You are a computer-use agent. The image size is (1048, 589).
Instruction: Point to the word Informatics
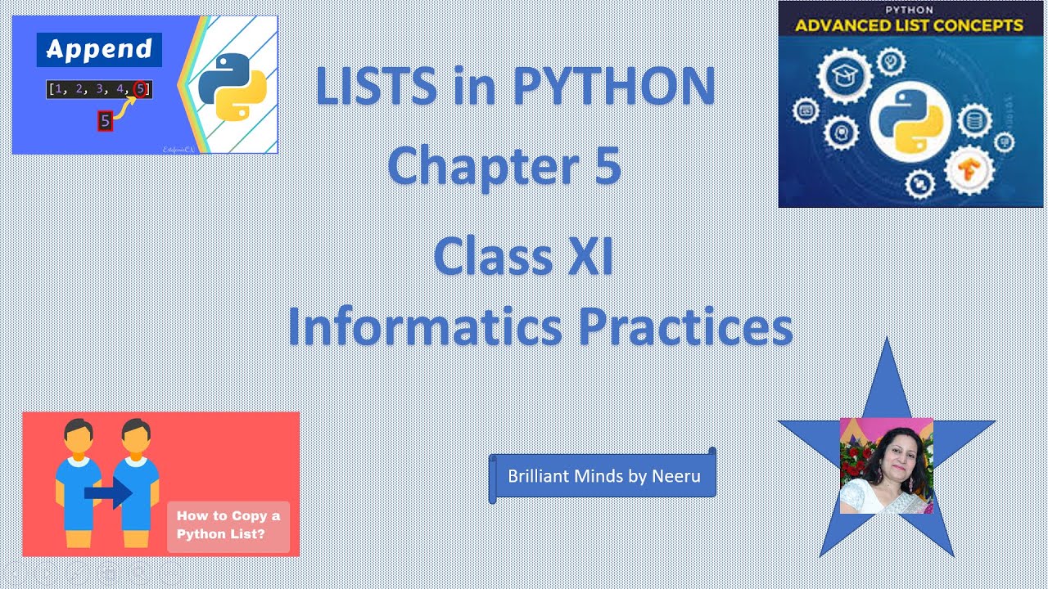[424, 326]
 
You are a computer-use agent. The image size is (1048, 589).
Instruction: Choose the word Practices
[685, 326]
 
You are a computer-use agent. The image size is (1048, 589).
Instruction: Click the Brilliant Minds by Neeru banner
[603, 476]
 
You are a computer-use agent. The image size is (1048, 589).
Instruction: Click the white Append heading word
[99, 49]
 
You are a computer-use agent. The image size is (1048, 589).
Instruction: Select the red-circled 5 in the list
[141, 88]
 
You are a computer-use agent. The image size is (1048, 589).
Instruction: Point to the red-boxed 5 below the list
[104, 121]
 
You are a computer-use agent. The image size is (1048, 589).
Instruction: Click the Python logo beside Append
[233, 86]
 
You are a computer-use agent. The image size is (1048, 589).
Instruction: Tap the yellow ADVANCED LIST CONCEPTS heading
[909, 25]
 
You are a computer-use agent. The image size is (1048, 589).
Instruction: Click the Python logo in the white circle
[910, 123]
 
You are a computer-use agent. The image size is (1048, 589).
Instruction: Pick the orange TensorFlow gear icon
[969, 169]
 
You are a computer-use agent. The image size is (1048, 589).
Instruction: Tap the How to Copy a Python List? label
[228, 524]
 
